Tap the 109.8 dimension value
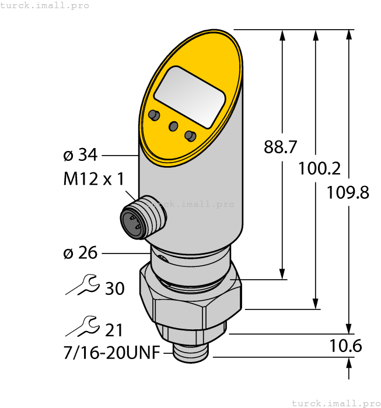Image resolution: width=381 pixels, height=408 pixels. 348,192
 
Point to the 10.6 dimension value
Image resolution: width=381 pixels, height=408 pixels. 346,346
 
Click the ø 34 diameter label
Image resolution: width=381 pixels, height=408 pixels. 80,156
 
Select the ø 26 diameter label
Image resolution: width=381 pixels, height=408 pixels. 80,253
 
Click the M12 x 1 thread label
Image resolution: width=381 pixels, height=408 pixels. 93,179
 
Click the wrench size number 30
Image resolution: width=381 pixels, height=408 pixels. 114,288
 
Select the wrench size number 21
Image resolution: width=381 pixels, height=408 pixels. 114,330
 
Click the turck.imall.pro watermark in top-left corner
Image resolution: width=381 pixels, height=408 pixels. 46,5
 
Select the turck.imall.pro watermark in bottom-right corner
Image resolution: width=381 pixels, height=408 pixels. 334,403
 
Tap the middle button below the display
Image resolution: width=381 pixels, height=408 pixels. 173,126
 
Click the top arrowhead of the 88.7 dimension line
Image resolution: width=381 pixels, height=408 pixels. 282,35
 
